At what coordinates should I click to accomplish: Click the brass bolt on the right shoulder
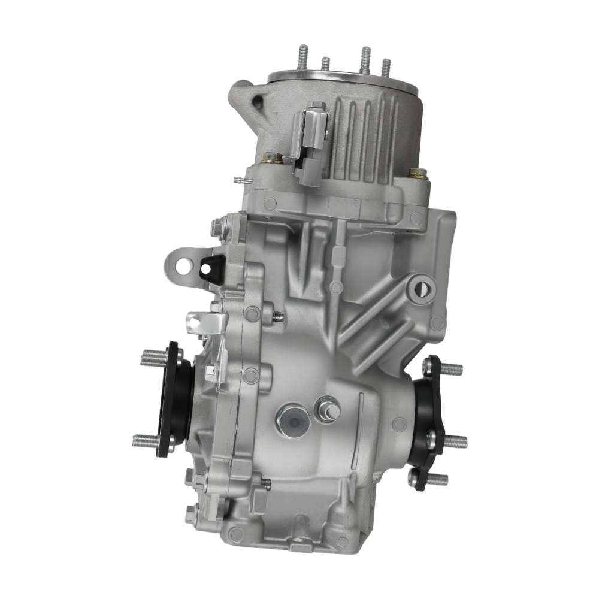(418, 173)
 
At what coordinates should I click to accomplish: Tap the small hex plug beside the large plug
(328, 410)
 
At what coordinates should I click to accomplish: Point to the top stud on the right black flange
(449, 368)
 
